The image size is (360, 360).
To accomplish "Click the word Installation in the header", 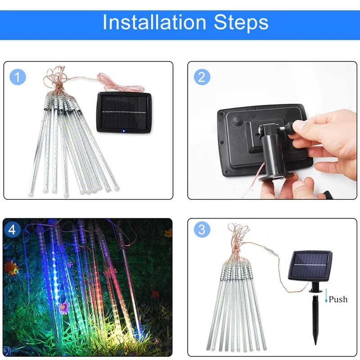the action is coord(154,22).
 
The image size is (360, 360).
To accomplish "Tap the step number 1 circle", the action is coord(18,77).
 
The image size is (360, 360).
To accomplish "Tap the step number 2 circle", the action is coord(202,77).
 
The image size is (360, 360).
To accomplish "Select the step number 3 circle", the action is coord(202,229).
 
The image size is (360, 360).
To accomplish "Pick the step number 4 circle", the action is coord(12,229).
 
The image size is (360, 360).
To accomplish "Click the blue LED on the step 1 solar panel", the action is coord(124,131).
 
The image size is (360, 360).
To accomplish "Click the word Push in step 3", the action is coord(338,299).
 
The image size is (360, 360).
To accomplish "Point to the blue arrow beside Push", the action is coord(326,296).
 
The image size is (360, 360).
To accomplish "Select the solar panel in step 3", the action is coord(310,266).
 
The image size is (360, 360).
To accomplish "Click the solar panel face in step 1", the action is coord(124,112).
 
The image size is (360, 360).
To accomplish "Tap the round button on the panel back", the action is coord(237,121).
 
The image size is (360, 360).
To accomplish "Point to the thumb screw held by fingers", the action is coord(290,127).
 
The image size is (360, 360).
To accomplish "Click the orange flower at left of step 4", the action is coord(10,267).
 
